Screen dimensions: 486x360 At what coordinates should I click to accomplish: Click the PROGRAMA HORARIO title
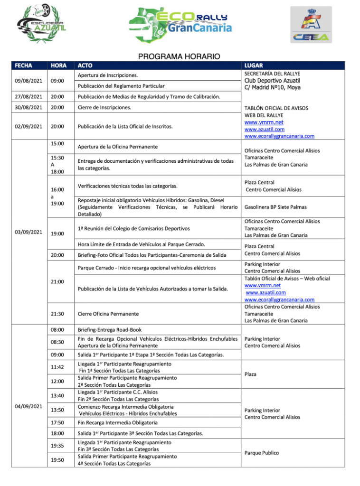179,56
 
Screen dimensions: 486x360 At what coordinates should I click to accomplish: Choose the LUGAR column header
254,65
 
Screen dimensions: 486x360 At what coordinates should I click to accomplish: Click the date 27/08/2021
29,97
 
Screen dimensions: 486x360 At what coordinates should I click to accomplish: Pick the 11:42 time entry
57,367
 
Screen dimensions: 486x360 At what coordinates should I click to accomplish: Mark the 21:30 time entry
57,314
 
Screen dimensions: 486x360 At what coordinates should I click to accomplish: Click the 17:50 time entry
57,422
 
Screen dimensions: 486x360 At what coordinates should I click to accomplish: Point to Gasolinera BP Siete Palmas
275,207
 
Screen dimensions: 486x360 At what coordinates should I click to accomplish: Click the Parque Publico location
262,453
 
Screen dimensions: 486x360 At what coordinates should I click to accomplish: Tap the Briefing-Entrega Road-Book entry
109,329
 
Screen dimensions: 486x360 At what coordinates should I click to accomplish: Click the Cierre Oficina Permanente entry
108,314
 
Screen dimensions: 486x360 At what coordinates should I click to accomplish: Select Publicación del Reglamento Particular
121,86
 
